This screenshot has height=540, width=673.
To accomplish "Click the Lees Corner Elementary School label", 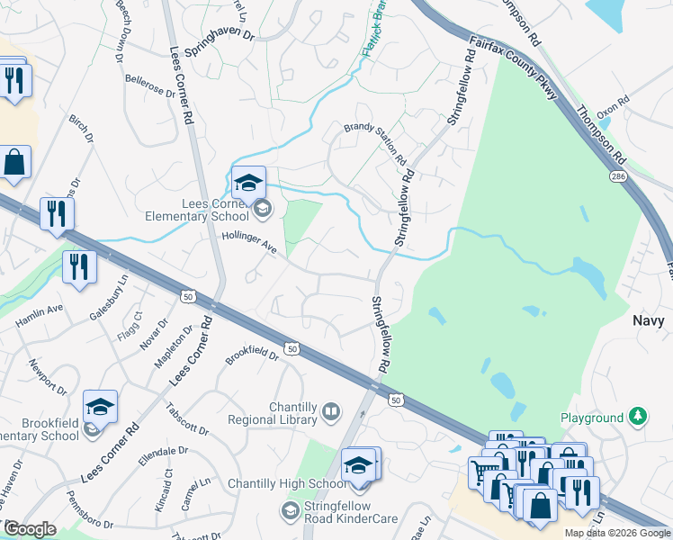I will [x=197, y=210].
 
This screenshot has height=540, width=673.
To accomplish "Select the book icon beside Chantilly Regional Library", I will [x=331, y=412].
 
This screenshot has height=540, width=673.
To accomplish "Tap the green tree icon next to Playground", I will [x=637, y=417].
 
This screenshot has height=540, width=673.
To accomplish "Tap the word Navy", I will [x=651, y=320].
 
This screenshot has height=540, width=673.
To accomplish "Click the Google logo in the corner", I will [x=30, y=529].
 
